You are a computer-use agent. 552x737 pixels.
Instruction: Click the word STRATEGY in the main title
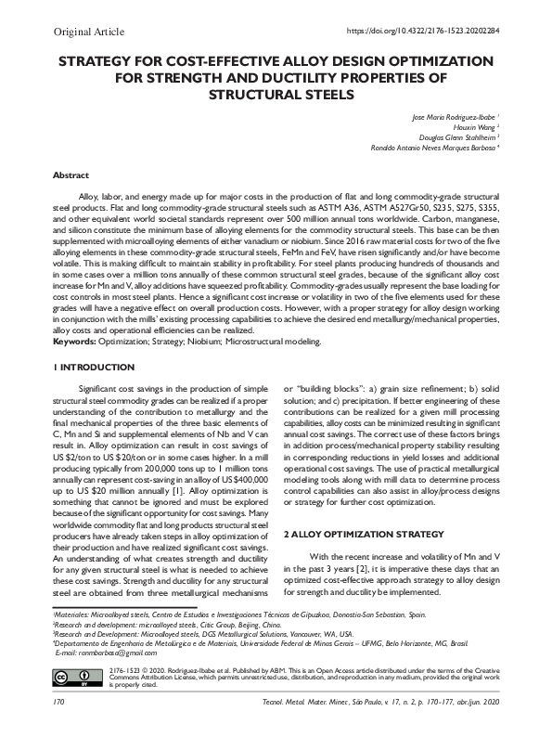tap(100, 61)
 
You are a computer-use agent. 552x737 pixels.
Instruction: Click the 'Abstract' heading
tap(71, 175)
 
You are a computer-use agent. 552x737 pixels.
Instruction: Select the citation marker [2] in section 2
tap(373, 567)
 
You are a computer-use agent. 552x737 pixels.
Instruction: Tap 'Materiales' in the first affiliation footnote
tap(71, 614)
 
